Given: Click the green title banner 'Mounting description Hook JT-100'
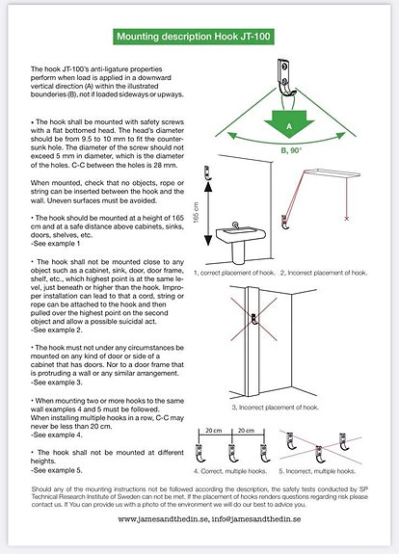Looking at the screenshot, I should click(199, 37).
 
